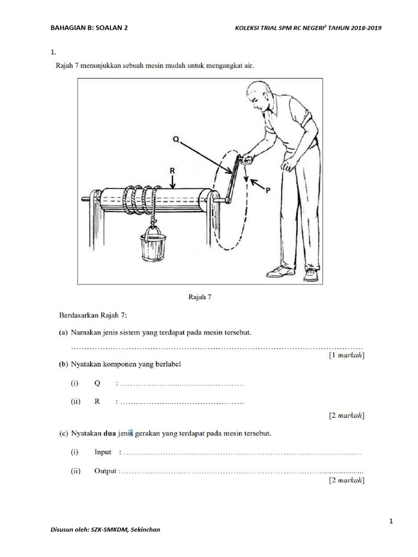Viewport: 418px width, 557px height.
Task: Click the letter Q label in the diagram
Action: (176, 139)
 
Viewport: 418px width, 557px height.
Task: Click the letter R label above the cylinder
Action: (172, 170)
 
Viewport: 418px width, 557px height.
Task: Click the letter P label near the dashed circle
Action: (267, 191)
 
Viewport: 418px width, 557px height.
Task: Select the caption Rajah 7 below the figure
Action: (199, 296)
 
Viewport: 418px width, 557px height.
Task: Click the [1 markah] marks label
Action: (346, 355)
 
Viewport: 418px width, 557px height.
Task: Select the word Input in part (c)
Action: (103, 452)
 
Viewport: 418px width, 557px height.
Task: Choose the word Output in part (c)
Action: (105, 471)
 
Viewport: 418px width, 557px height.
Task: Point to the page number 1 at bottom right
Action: (391, 522)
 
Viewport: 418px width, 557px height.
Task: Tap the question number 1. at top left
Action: (53, 52)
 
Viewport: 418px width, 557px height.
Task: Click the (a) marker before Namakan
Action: (64, 332)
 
